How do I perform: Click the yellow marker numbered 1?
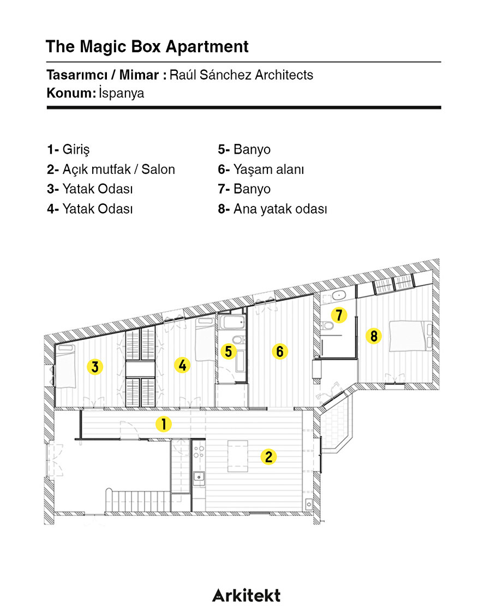163,424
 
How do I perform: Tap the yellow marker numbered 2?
268,456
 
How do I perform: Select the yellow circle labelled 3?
95,367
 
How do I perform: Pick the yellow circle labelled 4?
182,365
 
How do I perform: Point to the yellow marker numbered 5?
229,351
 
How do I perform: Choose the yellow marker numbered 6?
280,351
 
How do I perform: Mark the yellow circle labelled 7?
339,314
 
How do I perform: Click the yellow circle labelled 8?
374,336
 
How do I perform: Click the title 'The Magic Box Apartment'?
147,46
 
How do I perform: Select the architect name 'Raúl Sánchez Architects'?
241,75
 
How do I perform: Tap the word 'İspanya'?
122,93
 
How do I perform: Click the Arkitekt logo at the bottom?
246,595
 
